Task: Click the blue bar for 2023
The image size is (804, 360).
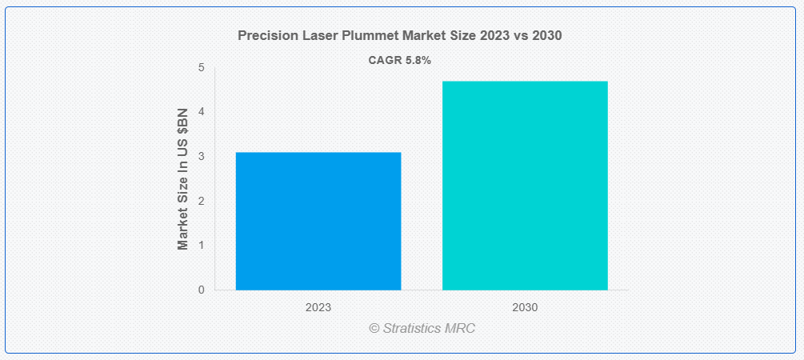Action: click(x=318, y=221)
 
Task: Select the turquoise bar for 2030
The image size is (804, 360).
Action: click(x=525, y=185)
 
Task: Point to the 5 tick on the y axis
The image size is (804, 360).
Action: click(x=201, y=68)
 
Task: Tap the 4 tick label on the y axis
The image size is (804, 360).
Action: click(x=201, y=112)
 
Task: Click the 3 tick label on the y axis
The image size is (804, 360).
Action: click(x=201, y=157)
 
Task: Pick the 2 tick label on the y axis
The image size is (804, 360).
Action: click(x=201, y=201)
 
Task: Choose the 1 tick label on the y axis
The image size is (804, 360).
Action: click(x=201, y=245)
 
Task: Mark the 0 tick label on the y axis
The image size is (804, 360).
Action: click(x=201, y=290)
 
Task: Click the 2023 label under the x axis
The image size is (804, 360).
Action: click(x=318, y=307)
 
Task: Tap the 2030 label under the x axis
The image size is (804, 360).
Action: click(x=525, y=307)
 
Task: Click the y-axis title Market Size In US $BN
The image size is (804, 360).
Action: click(x=183, y=179)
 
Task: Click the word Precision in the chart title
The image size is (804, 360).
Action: click(x=266, y=36)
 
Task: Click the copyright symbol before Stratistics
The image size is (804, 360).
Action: click(x=374, y=329)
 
